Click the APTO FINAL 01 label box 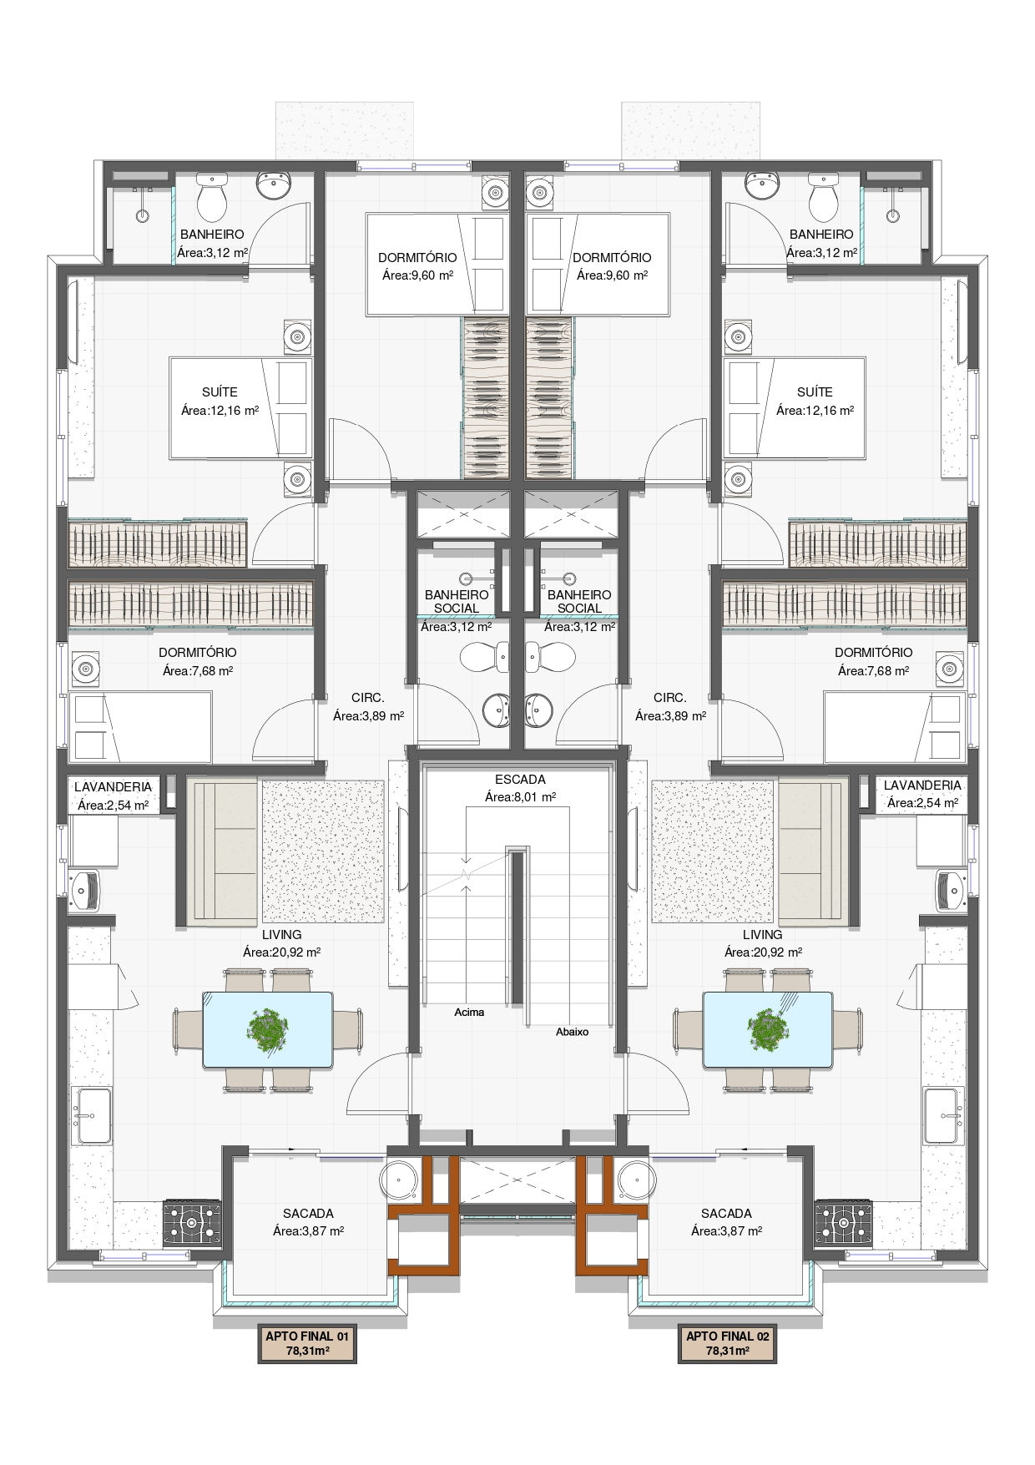[x=307, y=1342]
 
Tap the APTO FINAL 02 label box [x=728, y=1342]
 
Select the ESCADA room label [x=520, y=779]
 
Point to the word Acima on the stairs [x=469, y=1012]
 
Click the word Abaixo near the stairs [x=573, y=1032]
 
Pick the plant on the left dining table [x=268, y=1029]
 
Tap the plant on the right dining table [x=767, y=1029]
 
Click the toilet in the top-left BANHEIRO [x=212, y=196]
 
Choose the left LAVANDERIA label [x=113, y=786]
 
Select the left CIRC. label [x=368, y=697]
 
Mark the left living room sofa [x=222, y=851]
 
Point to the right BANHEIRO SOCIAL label [x=579, y=601]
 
